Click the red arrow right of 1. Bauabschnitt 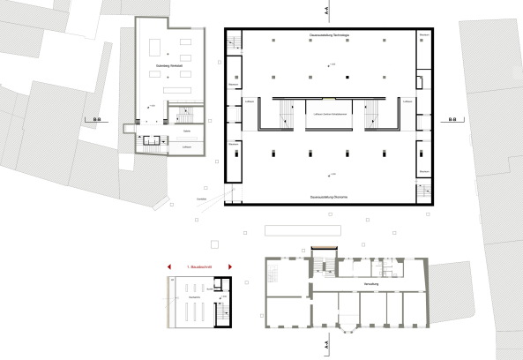point(229,265)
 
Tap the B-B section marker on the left point(91,118)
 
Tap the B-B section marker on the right point(452,118)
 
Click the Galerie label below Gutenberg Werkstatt point(187,130)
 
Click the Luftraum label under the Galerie point(187,147)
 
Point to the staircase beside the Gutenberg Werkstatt point(184,115)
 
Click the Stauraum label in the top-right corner point(425,34)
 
